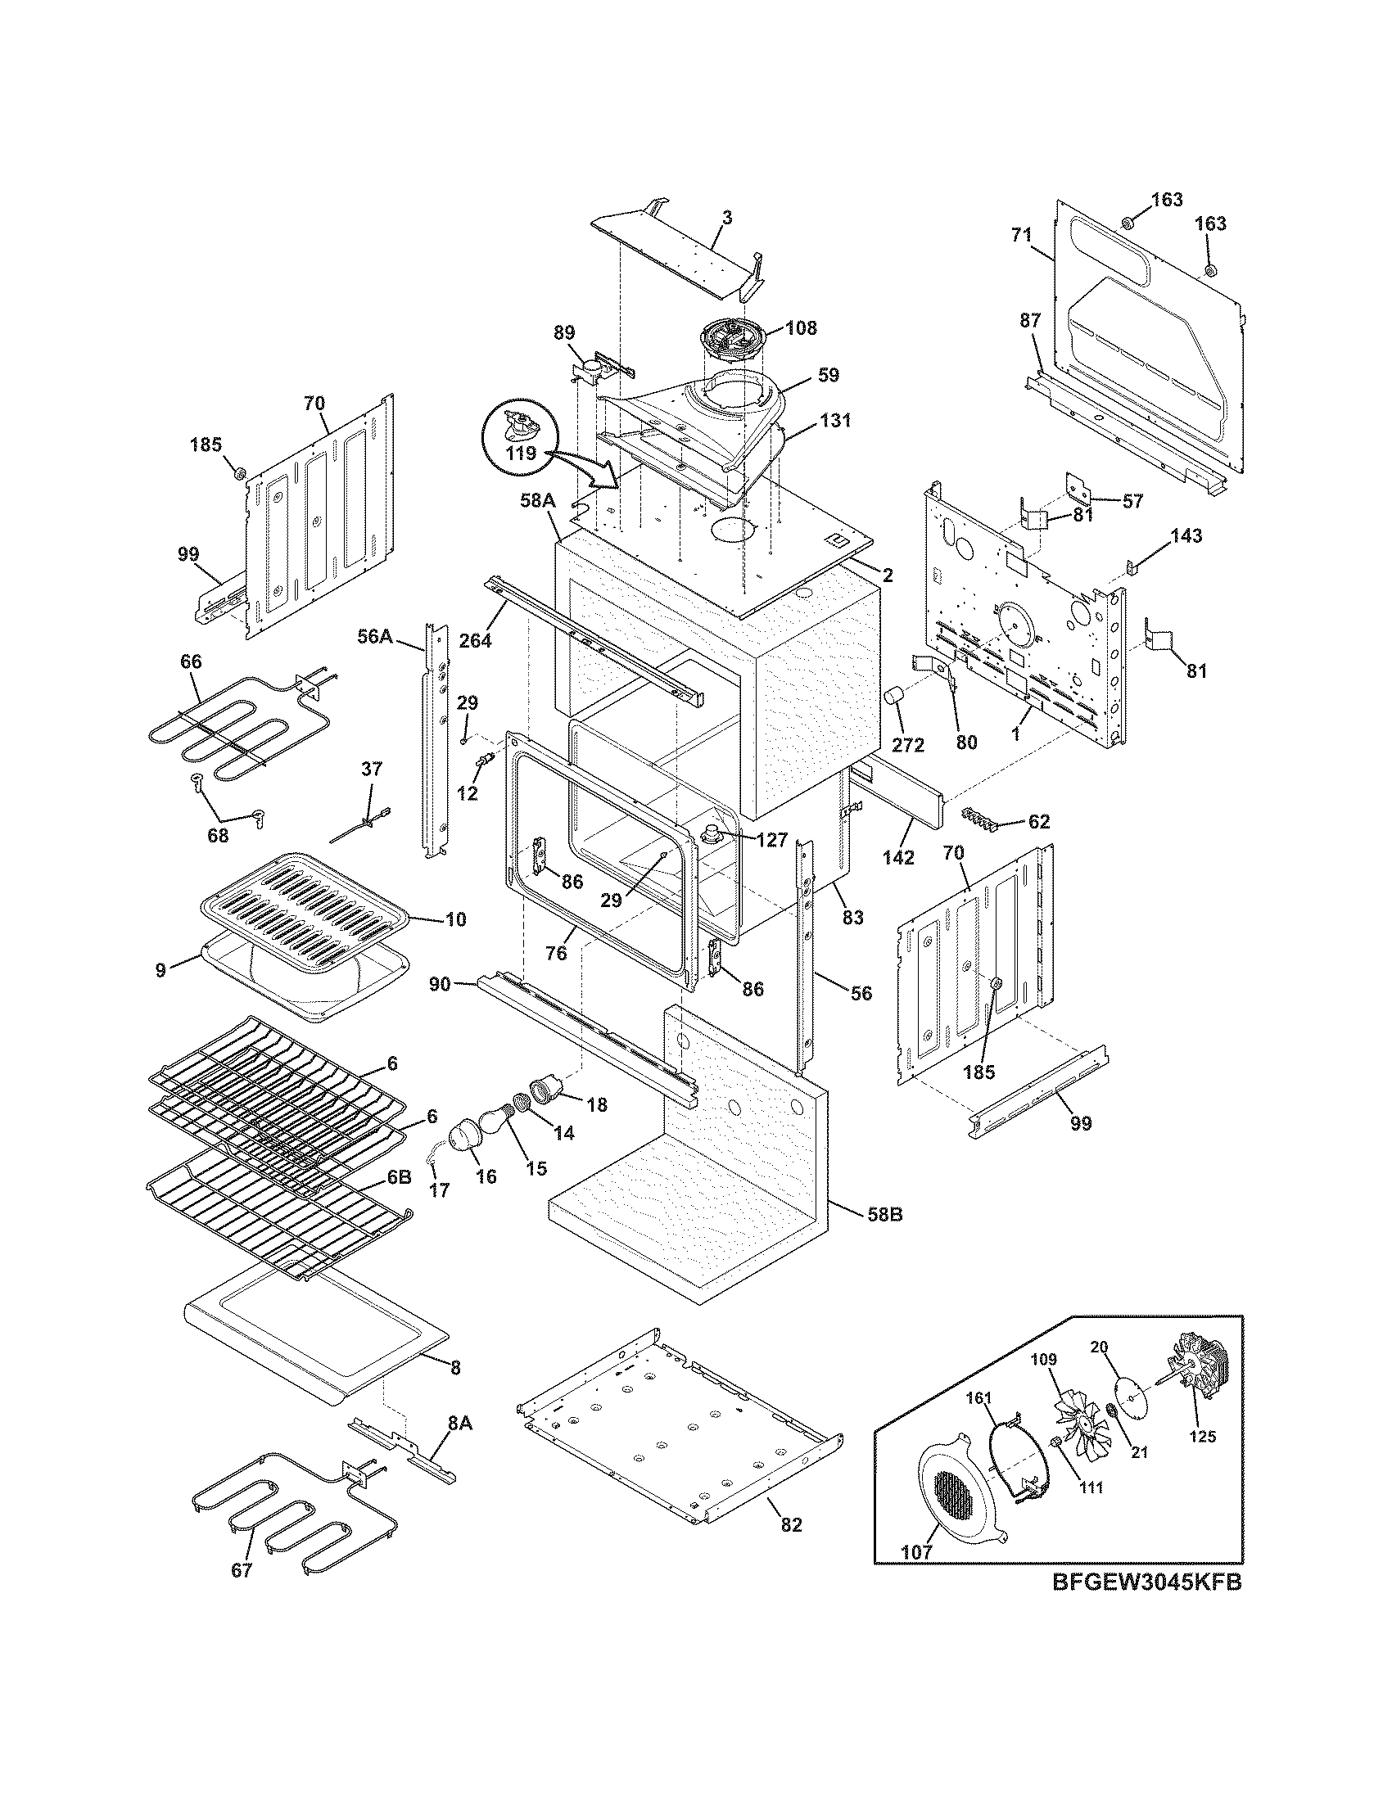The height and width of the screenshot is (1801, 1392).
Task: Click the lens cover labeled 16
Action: tap(467, 1138)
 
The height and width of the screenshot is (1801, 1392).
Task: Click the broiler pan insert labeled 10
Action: tap(305, 907)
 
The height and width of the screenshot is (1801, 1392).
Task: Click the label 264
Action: tap(476, 639)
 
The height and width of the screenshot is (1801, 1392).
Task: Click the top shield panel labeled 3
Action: tap(676, 255)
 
